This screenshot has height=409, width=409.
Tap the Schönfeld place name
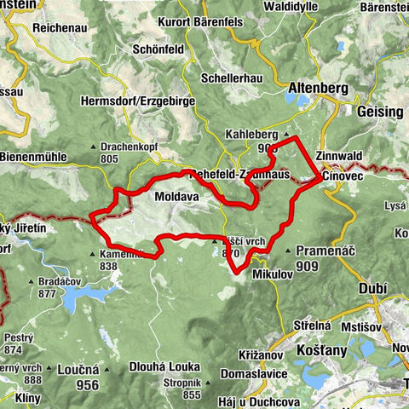click(x=159, y=49)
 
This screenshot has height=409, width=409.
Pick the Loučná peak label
click(x=78, y=372)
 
